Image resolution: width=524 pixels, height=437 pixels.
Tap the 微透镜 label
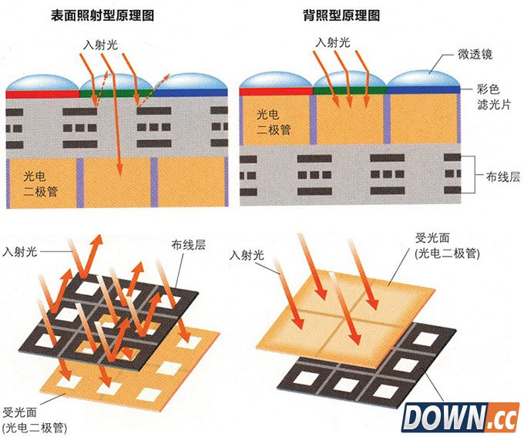(475, 54)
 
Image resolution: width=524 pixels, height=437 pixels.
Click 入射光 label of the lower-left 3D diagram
(20, 250)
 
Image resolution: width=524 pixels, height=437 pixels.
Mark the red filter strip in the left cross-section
(42, 92)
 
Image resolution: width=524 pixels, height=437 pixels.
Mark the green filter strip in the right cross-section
(349, 89)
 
